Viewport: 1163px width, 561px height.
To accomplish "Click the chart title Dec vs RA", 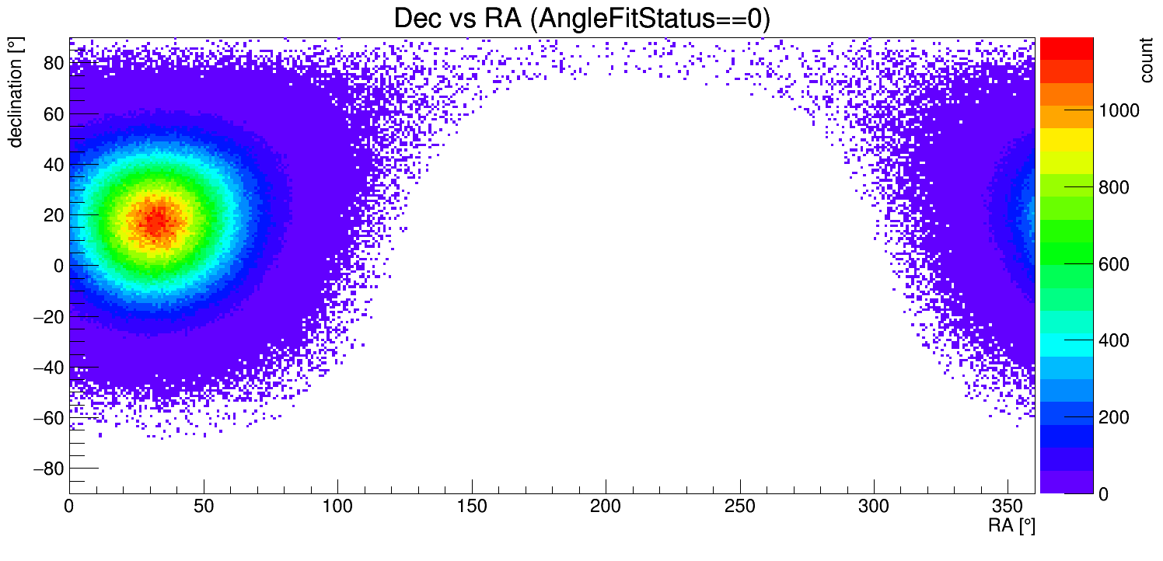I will [581, 19].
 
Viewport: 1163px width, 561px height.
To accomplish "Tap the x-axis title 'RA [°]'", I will [1011, 526].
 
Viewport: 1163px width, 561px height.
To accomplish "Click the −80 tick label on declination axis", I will [47, 469].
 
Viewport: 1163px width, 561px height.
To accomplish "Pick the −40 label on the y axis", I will [47, 367].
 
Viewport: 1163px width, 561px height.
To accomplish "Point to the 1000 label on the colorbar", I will [1118, 111].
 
